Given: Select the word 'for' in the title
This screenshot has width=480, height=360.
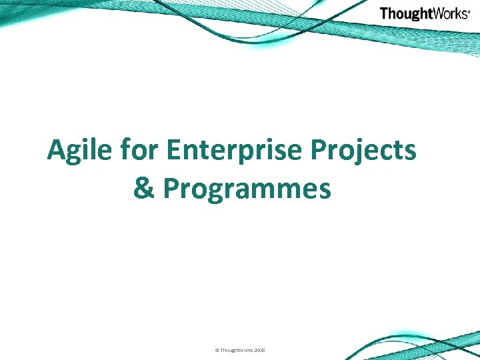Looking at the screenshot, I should pos(140,151).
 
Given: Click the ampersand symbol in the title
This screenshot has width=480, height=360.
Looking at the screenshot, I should pos(144,189).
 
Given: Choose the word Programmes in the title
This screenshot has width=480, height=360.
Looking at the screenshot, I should pos(247,189).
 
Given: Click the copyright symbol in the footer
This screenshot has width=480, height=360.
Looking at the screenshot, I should pos(217,350).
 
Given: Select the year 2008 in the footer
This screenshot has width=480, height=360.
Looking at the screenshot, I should pos(259,350).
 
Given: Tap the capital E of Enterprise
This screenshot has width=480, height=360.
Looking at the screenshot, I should pos(173,151).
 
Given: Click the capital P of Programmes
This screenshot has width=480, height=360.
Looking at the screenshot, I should pos(171,189).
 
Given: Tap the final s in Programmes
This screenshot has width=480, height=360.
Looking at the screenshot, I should pos(325,191).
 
